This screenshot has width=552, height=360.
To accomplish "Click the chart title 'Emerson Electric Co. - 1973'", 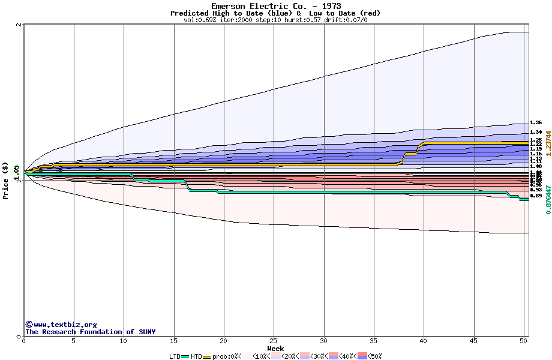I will (276, 6).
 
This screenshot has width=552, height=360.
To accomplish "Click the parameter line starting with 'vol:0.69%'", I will (275, 20).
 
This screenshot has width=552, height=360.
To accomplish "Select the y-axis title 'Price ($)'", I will (6, 181).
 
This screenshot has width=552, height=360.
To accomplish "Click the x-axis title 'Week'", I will (275, 349).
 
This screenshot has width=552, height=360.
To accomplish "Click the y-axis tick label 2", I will (19, 25).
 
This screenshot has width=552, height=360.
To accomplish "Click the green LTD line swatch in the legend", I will (185, 356).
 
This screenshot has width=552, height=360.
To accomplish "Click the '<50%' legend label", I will (373, 356).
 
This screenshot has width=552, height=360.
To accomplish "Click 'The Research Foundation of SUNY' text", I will (90, 332).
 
